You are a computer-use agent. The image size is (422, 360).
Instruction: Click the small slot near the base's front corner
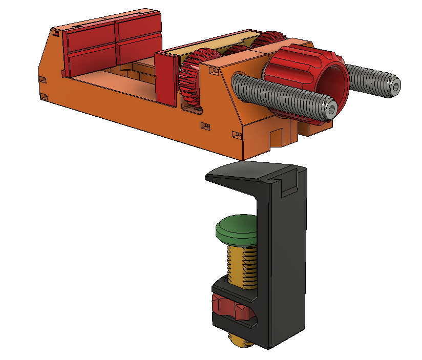click(237, 135)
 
